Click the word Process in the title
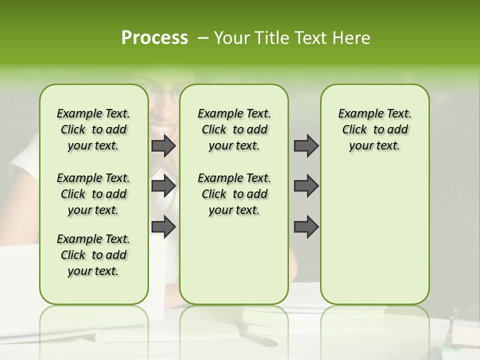(154, 38)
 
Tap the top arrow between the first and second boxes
(163, 145)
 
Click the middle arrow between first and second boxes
(163, 186)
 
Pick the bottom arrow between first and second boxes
(163, 226)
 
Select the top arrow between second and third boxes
(306, 145)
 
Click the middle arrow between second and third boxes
(306, 186)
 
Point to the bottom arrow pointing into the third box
(306, 226)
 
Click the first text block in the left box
(93, 129)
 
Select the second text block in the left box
(93, 194)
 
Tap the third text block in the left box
(93, 255)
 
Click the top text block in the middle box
(234, 129)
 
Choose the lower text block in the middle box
(234, 194)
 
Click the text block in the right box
(374, 129)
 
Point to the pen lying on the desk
(257, 335)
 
